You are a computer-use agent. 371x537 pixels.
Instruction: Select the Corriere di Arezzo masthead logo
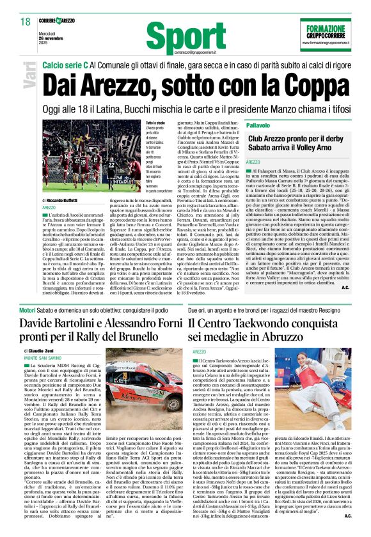(58, 21)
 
